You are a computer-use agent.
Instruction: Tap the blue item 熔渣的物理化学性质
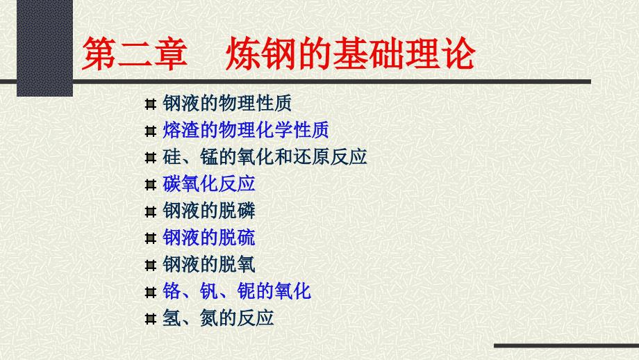245,130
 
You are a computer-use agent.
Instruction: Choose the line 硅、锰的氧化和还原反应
265,156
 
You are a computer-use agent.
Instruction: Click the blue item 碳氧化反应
209,183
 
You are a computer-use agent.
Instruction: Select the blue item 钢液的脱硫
209,237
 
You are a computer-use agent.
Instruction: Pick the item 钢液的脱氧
209,264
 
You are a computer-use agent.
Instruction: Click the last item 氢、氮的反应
218,318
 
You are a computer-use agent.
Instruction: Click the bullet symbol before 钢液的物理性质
149,104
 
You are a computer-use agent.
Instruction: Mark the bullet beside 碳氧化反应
149,184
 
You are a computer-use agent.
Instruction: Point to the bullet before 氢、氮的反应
149,318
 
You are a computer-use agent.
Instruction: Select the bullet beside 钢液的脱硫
149,238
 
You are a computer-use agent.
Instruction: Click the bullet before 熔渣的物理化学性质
149,131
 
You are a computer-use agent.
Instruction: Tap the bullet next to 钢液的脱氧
149,265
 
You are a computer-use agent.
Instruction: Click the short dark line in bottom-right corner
565,345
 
